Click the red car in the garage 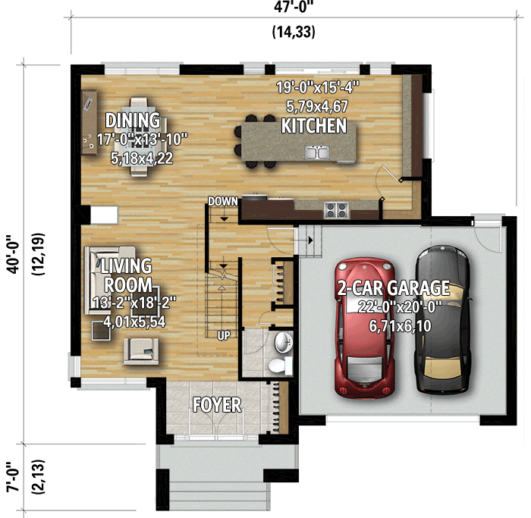click(x=365, y=326)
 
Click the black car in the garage click(x=441, y=319)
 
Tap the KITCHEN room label click(x=313, y=126)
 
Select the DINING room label click(x=133, y=121)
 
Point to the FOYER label click(x=216, y=405)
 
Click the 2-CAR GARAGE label click(x=393, y=288)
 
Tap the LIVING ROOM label click(x=127, y=275)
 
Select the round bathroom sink click(x=283, y=342)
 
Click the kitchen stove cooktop click(x=335, y=208)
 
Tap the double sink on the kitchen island click(x=317, y=152)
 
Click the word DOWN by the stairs click(x=224, y=201)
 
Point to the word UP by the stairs click(x=225, y=334)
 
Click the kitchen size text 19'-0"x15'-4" click(x=317, y=87)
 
